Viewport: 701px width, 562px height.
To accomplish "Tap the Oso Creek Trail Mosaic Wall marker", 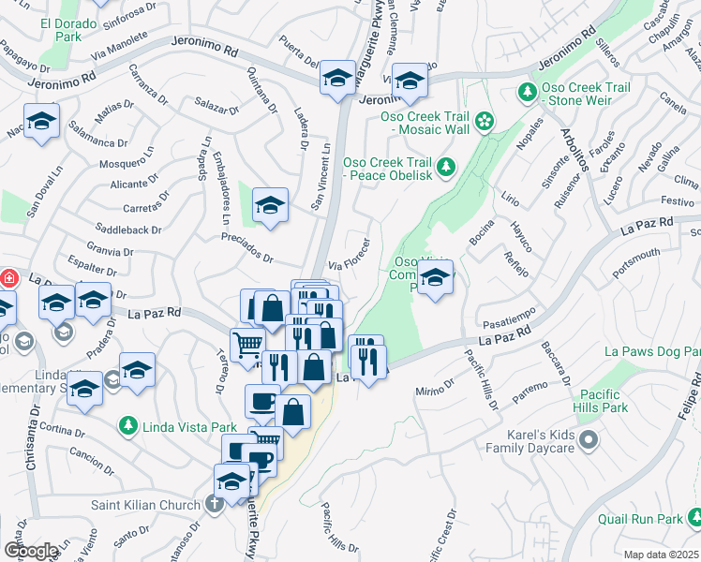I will point(484,120).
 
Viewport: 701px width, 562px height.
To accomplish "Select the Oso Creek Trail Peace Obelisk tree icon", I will point(447,168).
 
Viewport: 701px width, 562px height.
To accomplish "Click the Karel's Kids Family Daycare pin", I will point(588,439).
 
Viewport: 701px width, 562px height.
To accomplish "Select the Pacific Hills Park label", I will point(603,402).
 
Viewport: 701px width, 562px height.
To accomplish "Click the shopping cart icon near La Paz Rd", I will point(246,344).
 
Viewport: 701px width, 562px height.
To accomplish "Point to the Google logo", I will point(31,551).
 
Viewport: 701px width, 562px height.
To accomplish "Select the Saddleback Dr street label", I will point(129,229).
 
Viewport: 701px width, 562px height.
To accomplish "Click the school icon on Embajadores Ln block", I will point(270,205).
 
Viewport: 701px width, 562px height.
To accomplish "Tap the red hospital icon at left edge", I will point(7,279).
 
